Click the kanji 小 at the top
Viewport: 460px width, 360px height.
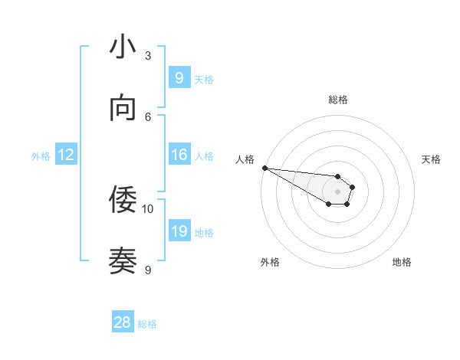pos(123,47)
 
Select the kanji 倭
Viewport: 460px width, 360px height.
pos(123,201)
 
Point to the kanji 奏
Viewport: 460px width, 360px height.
pos(123,261)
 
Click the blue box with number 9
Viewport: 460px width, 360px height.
pos(179,77)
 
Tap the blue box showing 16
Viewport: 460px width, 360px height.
pos(179,155)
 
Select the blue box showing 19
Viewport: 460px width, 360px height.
pos(179,231)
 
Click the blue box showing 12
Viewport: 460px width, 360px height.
pos(66,155)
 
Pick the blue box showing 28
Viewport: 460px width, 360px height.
pos(123,322)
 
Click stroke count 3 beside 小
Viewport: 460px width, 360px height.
pos(148,56)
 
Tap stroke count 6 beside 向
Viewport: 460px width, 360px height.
pos(148,116)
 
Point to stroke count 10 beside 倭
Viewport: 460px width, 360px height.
pos(148,208)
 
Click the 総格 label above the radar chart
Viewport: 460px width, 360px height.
pos(338,100)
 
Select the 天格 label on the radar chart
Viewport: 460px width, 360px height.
pos(432,159)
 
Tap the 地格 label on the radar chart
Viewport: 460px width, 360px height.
pos(402,262)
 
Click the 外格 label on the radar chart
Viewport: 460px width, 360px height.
pos(270,262)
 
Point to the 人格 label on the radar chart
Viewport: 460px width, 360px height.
pos(245,159)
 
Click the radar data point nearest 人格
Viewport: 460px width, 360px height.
pos(264,168)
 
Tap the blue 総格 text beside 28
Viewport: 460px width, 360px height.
pos(147,324)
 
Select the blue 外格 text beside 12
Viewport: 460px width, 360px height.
pos(41,156)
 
